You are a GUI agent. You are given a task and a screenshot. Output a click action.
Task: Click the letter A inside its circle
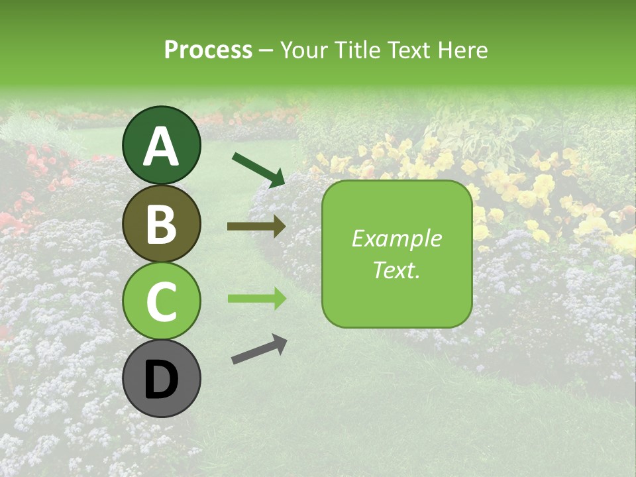coord(162,147)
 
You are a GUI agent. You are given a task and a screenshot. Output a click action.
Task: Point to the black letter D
coord(162,380)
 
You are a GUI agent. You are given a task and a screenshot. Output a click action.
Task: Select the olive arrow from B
coord(256,227)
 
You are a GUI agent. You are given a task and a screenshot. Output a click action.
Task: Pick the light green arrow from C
coord(256,299)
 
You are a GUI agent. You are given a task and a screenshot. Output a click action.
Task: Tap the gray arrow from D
coord(259,349)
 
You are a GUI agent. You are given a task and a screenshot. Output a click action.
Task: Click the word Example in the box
coord(396,238)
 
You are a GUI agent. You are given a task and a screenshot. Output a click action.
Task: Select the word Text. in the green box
coord(396,270)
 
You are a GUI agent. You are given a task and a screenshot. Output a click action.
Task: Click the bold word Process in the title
coord(208,50)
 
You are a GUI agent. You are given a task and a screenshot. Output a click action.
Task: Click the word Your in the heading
coord(301,50)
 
